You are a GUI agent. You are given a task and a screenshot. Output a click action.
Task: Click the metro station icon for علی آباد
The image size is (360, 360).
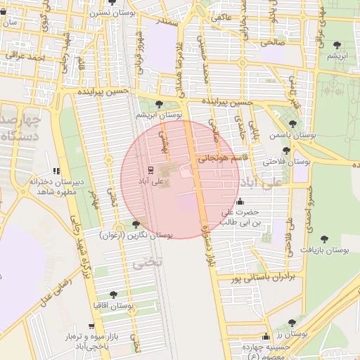coord(149,170)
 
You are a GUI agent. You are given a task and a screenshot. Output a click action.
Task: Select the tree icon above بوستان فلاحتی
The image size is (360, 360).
coord(286,150)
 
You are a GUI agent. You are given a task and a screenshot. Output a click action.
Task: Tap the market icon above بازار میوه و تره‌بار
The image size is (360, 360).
coord(91,326)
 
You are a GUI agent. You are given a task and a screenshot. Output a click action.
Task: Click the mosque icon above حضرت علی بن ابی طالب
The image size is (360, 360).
coord(241,201)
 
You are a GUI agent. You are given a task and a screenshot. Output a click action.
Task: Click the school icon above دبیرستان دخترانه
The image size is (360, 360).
coord(56,171)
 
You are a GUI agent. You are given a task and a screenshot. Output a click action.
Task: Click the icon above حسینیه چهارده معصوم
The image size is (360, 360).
coord(266,337)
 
